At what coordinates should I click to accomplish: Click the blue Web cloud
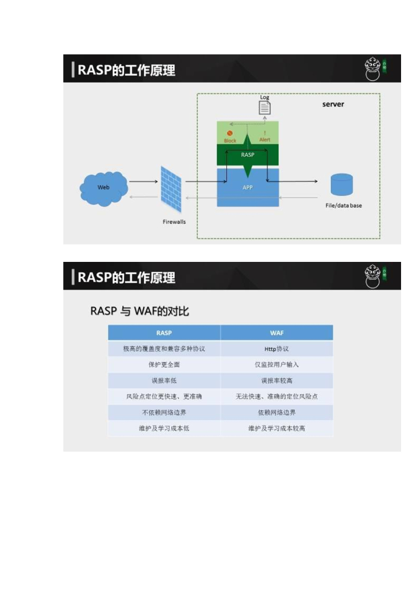104,188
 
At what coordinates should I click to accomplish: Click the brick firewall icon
171,188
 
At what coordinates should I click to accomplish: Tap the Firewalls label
174,221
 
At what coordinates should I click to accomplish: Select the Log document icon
264,107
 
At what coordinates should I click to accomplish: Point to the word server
333,105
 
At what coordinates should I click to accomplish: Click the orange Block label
230,140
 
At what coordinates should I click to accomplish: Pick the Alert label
264,140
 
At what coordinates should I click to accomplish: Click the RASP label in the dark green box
247,155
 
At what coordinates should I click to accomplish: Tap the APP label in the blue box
247,187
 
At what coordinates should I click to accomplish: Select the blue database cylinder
341,184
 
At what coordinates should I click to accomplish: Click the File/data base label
344,206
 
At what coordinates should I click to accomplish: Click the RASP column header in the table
164,333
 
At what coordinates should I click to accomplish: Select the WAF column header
277,333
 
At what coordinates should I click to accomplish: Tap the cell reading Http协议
277,349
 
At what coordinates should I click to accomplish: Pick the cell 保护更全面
164,365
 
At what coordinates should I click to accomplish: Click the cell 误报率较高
277,381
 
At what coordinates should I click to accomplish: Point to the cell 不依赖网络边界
164,413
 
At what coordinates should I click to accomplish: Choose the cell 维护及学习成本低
164,428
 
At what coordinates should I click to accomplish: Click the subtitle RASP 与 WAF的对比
139,311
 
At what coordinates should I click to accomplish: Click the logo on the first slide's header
376,68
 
